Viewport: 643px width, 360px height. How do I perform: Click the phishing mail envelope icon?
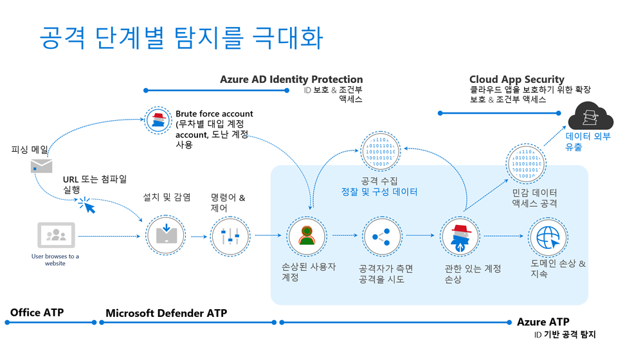(x=41, y=166)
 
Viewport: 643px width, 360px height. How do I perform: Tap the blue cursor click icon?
(x=89, y=204)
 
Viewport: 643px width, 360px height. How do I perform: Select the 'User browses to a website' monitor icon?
(x=57, y=236)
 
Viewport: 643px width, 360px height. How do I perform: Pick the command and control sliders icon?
(x=230, y=236)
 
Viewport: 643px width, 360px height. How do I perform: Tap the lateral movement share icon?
(x=382, y=236)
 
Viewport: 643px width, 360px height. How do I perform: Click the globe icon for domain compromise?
(x=548, y=236)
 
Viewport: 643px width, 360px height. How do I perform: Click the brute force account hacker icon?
(x=158, y=120)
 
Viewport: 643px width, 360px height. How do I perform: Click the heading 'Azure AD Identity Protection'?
(x=291, y=79)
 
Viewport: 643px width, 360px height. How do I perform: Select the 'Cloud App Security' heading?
(x=516, y=79)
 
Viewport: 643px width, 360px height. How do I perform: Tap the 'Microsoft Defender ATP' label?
(x=166, y=313)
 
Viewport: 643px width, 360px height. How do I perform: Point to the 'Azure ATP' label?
(x=543, y=321)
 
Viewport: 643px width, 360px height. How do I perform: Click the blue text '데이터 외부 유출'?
(x=588, y=141)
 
